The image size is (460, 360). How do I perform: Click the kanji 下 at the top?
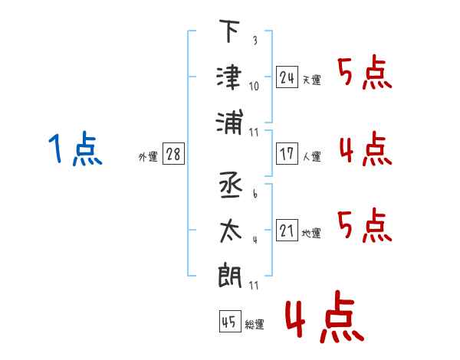(x=229, y=32)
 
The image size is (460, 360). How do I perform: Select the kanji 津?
(x=229, y=76)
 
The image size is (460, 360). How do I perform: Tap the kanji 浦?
(x=229, y=122)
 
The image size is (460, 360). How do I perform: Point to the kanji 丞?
(x=229, y=186)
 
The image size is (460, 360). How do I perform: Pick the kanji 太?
(x=229, y=231)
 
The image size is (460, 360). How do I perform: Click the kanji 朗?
(x=229, y=274)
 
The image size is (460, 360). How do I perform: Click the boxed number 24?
(x=287, y=77)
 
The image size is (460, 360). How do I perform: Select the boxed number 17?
(x=287, y=154)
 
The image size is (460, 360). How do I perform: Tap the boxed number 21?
(x=287, y=231)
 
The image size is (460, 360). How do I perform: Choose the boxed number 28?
(x=173, y=155)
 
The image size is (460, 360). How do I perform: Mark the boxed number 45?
(x=228, y=322)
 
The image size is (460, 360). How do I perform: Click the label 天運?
(x=311, y=80)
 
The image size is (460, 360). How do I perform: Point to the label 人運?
(x=311, y=156)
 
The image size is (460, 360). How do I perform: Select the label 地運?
(x=311, y=233)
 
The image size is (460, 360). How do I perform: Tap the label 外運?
(x=148, y=157)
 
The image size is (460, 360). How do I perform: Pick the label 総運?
(x=254, y=324)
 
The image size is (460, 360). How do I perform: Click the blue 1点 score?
(x=75, y=149)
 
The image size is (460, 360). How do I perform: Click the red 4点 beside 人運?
(x=365, y=149)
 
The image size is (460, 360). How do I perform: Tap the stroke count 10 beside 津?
(x=254, y=86)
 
